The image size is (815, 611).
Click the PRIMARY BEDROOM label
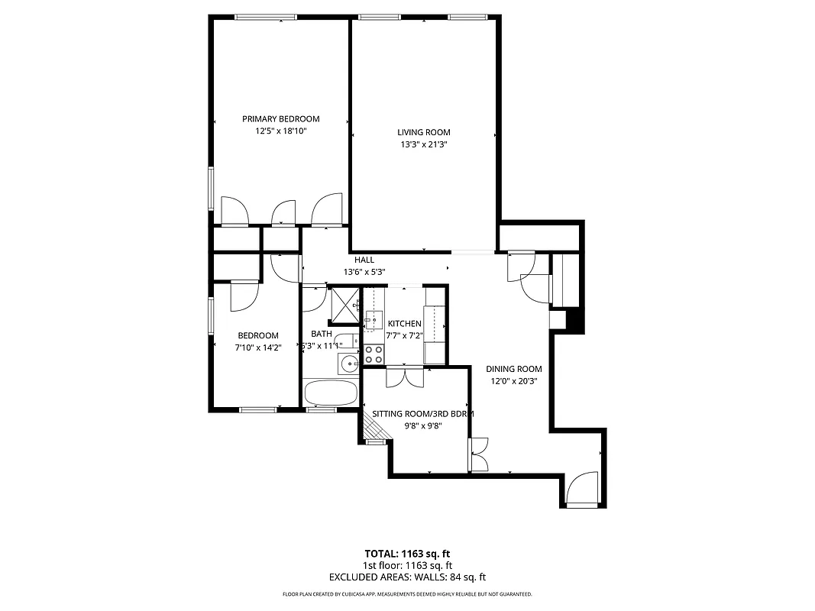tap(280, 118)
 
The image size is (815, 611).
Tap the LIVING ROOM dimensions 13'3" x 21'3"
tap(423, 144)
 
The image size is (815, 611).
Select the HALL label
tap(364, 260)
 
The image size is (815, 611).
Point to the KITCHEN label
tap(404, 324)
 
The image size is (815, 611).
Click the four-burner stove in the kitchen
tap(374, 354)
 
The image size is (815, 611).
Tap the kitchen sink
tap(374, 319)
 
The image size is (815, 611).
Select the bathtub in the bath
tap(331, 393)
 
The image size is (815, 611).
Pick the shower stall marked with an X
tap(344, 305)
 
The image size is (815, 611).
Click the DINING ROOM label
tap(514, 369)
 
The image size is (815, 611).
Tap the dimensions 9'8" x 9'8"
tap(424, 426)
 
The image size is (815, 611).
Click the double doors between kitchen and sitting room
tap(404, 377)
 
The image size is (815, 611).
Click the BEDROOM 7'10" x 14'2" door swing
tap(246, 296)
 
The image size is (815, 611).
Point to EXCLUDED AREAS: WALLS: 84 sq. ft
tap(407, 577)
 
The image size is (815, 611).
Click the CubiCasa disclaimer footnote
tap(407, 594)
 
